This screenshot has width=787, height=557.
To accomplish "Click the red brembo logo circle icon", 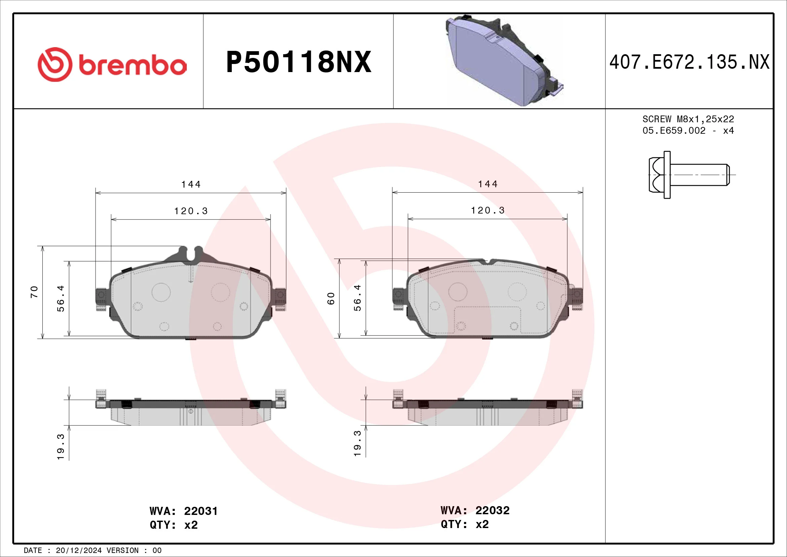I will coord(55,64).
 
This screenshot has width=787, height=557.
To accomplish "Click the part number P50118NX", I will coord(298,62).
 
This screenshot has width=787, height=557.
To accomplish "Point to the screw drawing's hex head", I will coord(656,174).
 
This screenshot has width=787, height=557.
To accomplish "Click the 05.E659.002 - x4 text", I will coord(688,131).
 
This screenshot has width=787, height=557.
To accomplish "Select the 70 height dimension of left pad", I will coord(34,292).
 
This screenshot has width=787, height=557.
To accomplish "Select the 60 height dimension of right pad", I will coord(331,298).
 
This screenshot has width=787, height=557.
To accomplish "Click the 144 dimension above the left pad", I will coord(190,185).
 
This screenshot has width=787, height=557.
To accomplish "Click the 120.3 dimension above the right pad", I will coord(488,210).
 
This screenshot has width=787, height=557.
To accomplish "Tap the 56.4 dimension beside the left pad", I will coord(61,298).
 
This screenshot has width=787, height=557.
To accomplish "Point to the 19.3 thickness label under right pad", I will coord(358,443).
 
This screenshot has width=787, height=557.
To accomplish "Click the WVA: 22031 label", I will coord(183,511).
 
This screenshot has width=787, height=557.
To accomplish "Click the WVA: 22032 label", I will coord(475,510).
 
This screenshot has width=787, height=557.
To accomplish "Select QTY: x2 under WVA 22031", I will coord(173,525).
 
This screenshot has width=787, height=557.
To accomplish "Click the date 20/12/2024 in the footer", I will coord(78,551).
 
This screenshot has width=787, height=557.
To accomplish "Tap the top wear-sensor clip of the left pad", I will coord(190,254).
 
